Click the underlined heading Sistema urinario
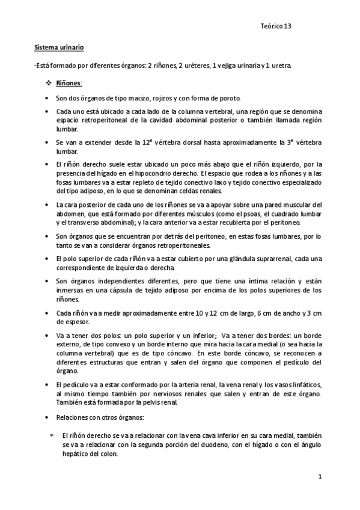pyautogui.click(x=58, y=46)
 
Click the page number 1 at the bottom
pyautogui.click(x=321, y=477)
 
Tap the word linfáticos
pyautogui.click(x=306, y=385)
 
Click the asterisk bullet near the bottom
pyautogui.click(x=52, y=434)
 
